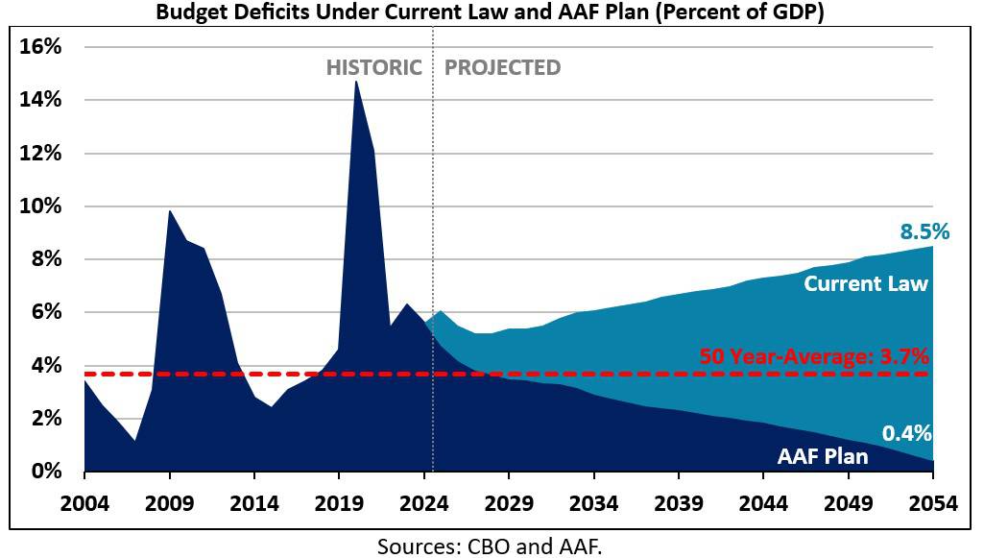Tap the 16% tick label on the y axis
[41, 47]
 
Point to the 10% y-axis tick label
[41, 206]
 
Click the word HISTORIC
[373, 68]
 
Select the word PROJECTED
[502, 68]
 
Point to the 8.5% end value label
[924, 231]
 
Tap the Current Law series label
[866, 284]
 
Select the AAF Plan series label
[822, 456]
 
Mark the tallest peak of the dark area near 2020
[356, 83]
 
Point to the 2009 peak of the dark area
[170, 211]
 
